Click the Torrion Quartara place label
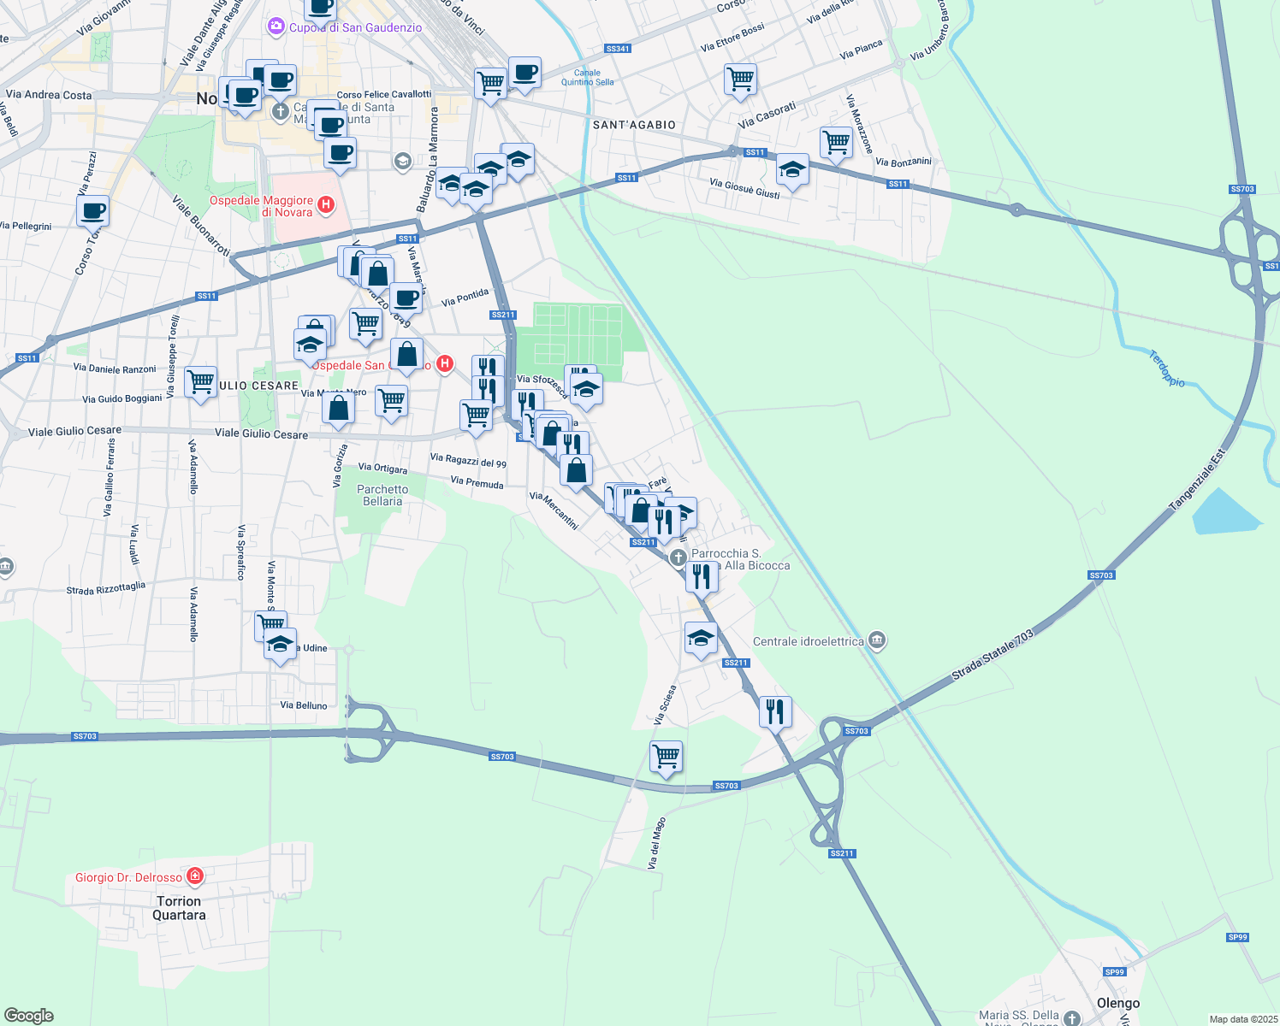[x=179, y=908]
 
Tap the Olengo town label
[x=1117, y=1003]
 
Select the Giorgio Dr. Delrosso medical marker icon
[x=195, y=876]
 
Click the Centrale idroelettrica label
[x=808, y=641]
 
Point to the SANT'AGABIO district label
[x=634, y=125]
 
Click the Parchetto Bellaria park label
[x=382, y=495]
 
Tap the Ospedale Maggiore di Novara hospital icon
[x=325, y=204]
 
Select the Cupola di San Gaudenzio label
[x=355, y=27]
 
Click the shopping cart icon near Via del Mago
[x=666, y=756]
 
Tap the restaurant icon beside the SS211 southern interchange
[x=774, y=711]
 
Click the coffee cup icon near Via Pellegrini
[x=93, y=209]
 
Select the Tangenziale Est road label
[x=1197, y=479]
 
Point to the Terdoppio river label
[x=1167, y=369]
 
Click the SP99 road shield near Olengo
[x=1114, y=971]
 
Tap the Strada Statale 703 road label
[x=993, y=656]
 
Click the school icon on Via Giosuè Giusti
[x=792, y=170]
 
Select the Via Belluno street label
[x=304, y=705]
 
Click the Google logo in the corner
[x=29, y=1016]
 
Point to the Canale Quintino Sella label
[x=587, y=78]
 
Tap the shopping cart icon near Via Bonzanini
[x=836, y=142]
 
